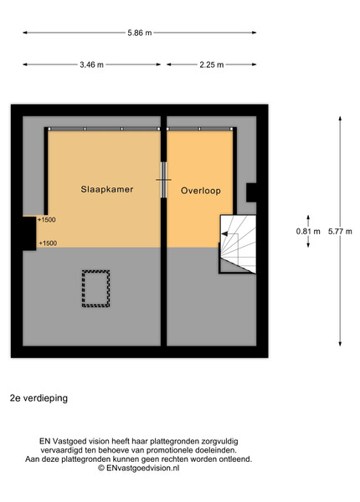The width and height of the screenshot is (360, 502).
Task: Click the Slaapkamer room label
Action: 106,189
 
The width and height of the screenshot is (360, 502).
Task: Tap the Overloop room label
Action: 200,191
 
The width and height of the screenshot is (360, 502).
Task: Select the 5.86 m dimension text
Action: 140,33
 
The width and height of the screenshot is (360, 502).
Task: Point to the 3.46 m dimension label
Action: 91,64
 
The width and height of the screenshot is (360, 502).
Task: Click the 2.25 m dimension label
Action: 212,64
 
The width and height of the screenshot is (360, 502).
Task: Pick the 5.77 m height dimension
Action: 340,231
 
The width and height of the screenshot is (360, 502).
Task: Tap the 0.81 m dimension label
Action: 308,231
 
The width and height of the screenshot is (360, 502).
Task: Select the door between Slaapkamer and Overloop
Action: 163,180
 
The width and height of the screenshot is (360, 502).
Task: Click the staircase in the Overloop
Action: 238,244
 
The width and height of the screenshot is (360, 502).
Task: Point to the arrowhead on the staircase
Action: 224,233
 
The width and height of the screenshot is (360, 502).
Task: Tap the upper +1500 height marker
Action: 46,219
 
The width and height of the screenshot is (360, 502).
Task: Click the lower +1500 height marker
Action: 48,243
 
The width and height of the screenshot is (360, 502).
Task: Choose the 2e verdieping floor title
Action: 39,398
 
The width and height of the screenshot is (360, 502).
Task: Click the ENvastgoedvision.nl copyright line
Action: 139,468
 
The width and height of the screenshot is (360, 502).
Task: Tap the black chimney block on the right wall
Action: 251,192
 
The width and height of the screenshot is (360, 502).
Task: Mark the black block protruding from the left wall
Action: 29,233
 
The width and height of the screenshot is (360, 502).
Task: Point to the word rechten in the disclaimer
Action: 177,459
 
